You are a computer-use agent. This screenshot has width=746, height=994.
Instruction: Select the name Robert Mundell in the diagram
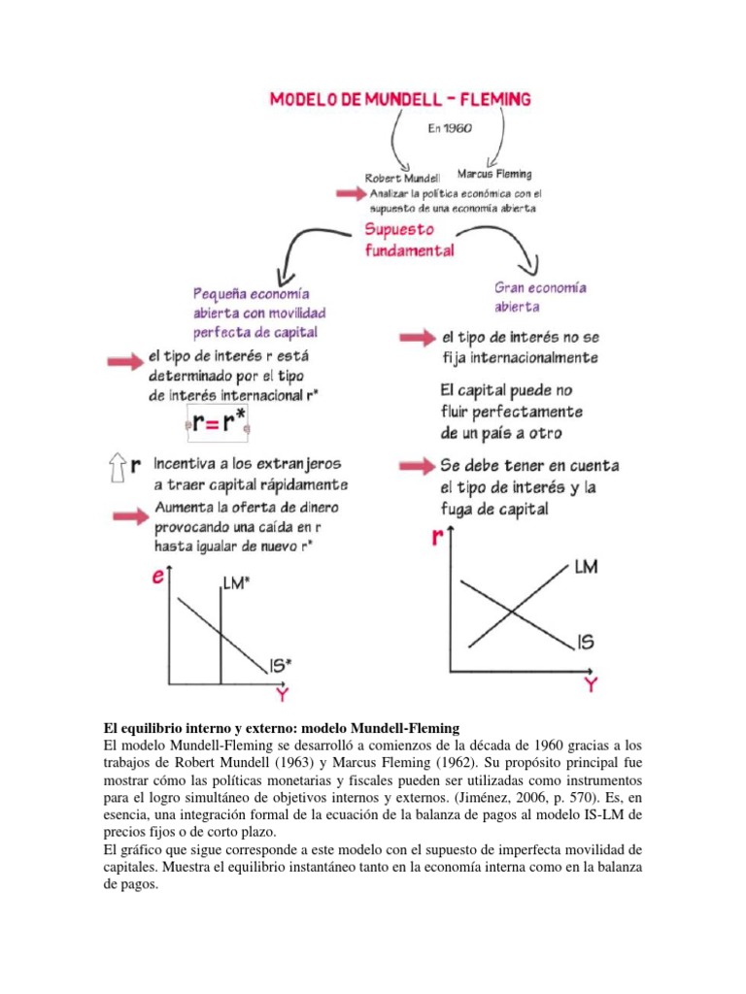tap(401, 179)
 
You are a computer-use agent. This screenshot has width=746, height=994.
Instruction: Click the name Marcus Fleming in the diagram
tap(494, 175)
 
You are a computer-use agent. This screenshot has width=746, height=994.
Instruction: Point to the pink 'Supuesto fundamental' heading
tap(409, 240)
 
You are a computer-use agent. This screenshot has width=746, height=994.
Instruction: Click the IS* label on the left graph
tap(282, 665)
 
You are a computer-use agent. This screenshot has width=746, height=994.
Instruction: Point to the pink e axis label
tap(157, 578)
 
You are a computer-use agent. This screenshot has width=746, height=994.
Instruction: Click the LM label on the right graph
tap(586, 566)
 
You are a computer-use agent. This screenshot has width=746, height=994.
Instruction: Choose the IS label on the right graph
tap(585, 642)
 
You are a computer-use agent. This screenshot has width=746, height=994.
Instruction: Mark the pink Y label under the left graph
tap(281, 694)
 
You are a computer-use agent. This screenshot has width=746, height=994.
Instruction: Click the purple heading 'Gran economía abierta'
tap(540, 297)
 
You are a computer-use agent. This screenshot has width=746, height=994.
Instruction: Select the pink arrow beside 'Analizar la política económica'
tap(349, 194)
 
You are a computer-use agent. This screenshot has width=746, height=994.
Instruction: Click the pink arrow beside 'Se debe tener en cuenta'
tap(416, 466)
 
